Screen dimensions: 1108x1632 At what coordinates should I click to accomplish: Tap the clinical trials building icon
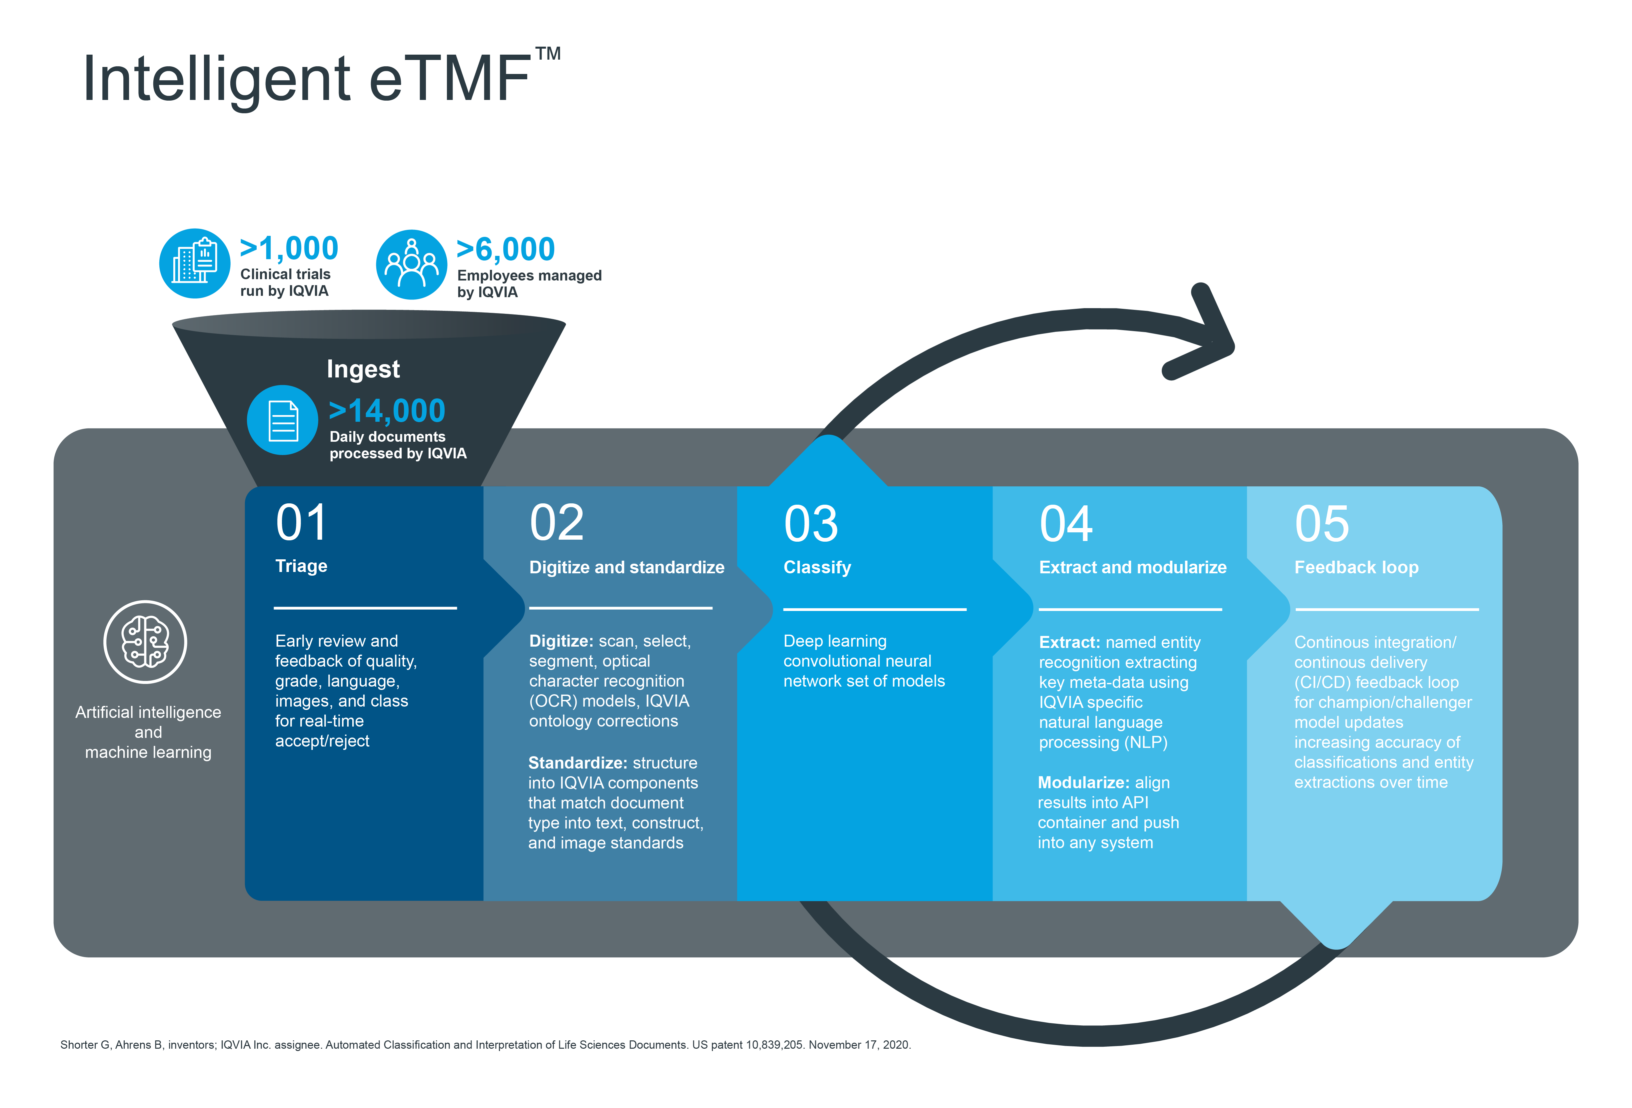point(195,263)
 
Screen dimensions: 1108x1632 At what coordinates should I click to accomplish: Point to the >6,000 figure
point(506,249)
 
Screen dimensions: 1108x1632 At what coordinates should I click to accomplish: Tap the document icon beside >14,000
point(282,420)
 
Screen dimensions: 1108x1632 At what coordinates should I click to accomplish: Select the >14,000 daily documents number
point(387,411)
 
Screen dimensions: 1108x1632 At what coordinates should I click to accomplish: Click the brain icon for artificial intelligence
point(145,642)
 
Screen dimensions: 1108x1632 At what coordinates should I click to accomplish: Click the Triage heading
point(301,566)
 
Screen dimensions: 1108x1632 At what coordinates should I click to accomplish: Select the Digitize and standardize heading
point(627,567)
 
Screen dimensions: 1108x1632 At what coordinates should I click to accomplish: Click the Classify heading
point(817,567)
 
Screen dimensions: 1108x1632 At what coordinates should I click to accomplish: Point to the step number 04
point(1066,524)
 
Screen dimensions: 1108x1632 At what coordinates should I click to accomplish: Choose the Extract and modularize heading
point(1133,567)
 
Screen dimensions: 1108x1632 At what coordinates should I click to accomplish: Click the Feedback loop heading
point(1356,567)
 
